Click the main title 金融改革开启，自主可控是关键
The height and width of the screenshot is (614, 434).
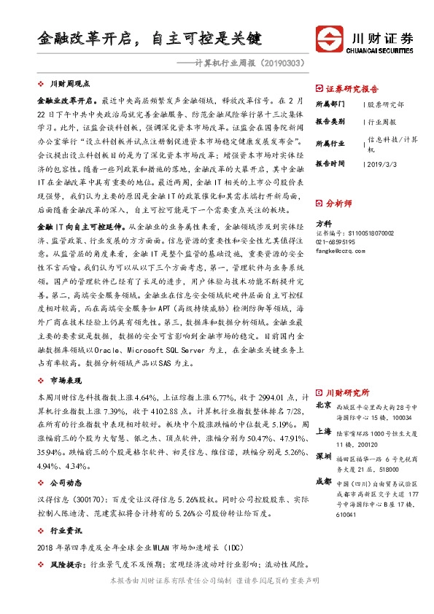tap(149, 36)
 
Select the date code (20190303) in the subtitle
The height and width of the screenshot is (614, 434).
tap(279, 65)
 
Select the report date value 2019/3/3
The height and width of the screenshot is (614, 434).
tap(381, 164)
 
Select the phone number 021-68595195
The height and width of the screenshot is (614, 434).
tap(336, 242)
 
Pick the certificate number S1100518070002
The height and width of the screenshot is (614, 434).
tap(354, 233)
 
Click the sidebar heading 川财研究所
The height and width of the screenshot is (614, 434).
tap(346, 392)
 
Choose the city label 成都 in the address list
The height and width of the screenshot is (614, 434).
tap(322, 481)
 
